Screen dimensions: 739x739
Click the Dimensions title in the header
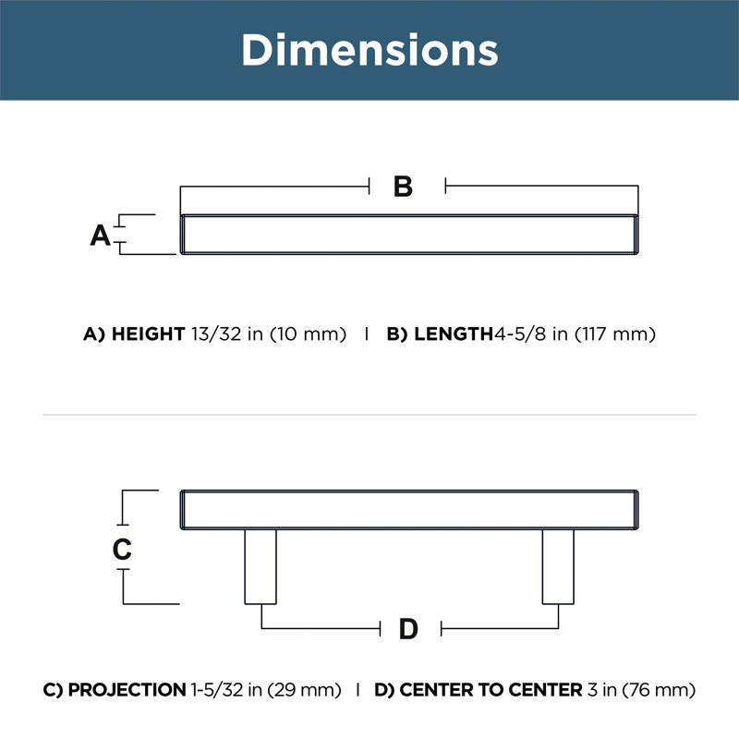[x=369, y=50]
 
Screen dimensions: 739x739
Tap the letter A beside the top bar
[x=101, y=236]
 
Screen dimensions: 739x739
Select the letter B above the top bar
[x=403, y=187]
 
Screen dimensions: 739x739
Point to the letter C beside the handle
[x=122, y=549]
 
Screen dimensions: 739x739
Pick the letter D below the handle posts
[x=408, y=629]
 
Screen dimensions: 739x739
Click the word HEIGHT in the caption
[x=148, y=334]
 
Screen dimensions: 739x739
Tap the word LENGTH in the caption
[x=454, y=334]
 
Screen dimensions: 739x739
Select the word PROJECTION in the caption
[x=127, y=690]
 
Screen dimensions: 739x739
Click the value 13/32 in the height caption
[x=216, y=334]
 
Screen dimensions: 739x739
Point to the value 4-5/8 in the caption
[x=520, y=334]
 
